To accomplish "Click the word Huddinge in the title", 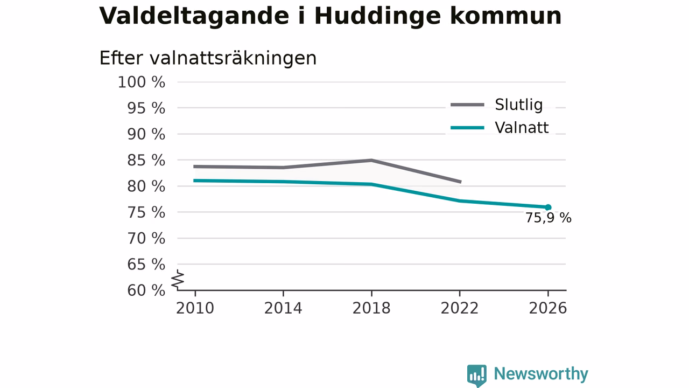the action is (x=378, y=16).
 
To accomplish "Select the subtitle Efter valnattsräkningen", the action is (x=208, y=58).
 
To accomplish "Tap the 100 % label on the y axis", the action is (x=142, y=82).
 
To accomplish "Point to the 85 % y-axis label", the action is (x=146, y=161).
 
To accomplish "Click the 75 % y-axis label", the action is (x=146, y=212).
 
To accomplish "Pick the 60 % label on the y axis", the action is (x=146, y=290).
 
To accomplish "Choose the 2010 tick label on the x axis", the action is (x=195, y=308).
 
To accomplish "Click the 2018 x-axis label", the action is (x=371, y=308).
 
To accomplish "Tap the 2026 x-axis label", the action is (x=547, y=308).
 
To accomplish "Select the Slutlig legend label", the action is (x=518, y=105).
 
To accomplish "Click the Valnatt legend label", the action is (x=522, y=128).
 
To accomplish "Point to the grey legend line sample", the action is (x=468, y=105).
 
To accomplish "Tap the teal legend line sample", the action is (x=468, y=128).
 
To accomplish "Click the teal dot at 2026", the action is (x=548, y=207).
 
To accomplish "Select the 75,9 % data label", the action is (x=549, y=218).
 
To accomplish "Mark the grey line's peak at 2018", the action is (x=371, y=160).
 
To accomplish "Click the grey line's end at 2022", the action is (x=460, y=182).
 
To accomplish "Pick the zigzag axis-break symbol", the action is (x=178, y=280).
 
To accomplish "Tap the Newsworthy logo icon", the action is (x=477, y=375).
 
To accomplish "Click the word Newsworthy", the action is (x=541, y=374).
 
